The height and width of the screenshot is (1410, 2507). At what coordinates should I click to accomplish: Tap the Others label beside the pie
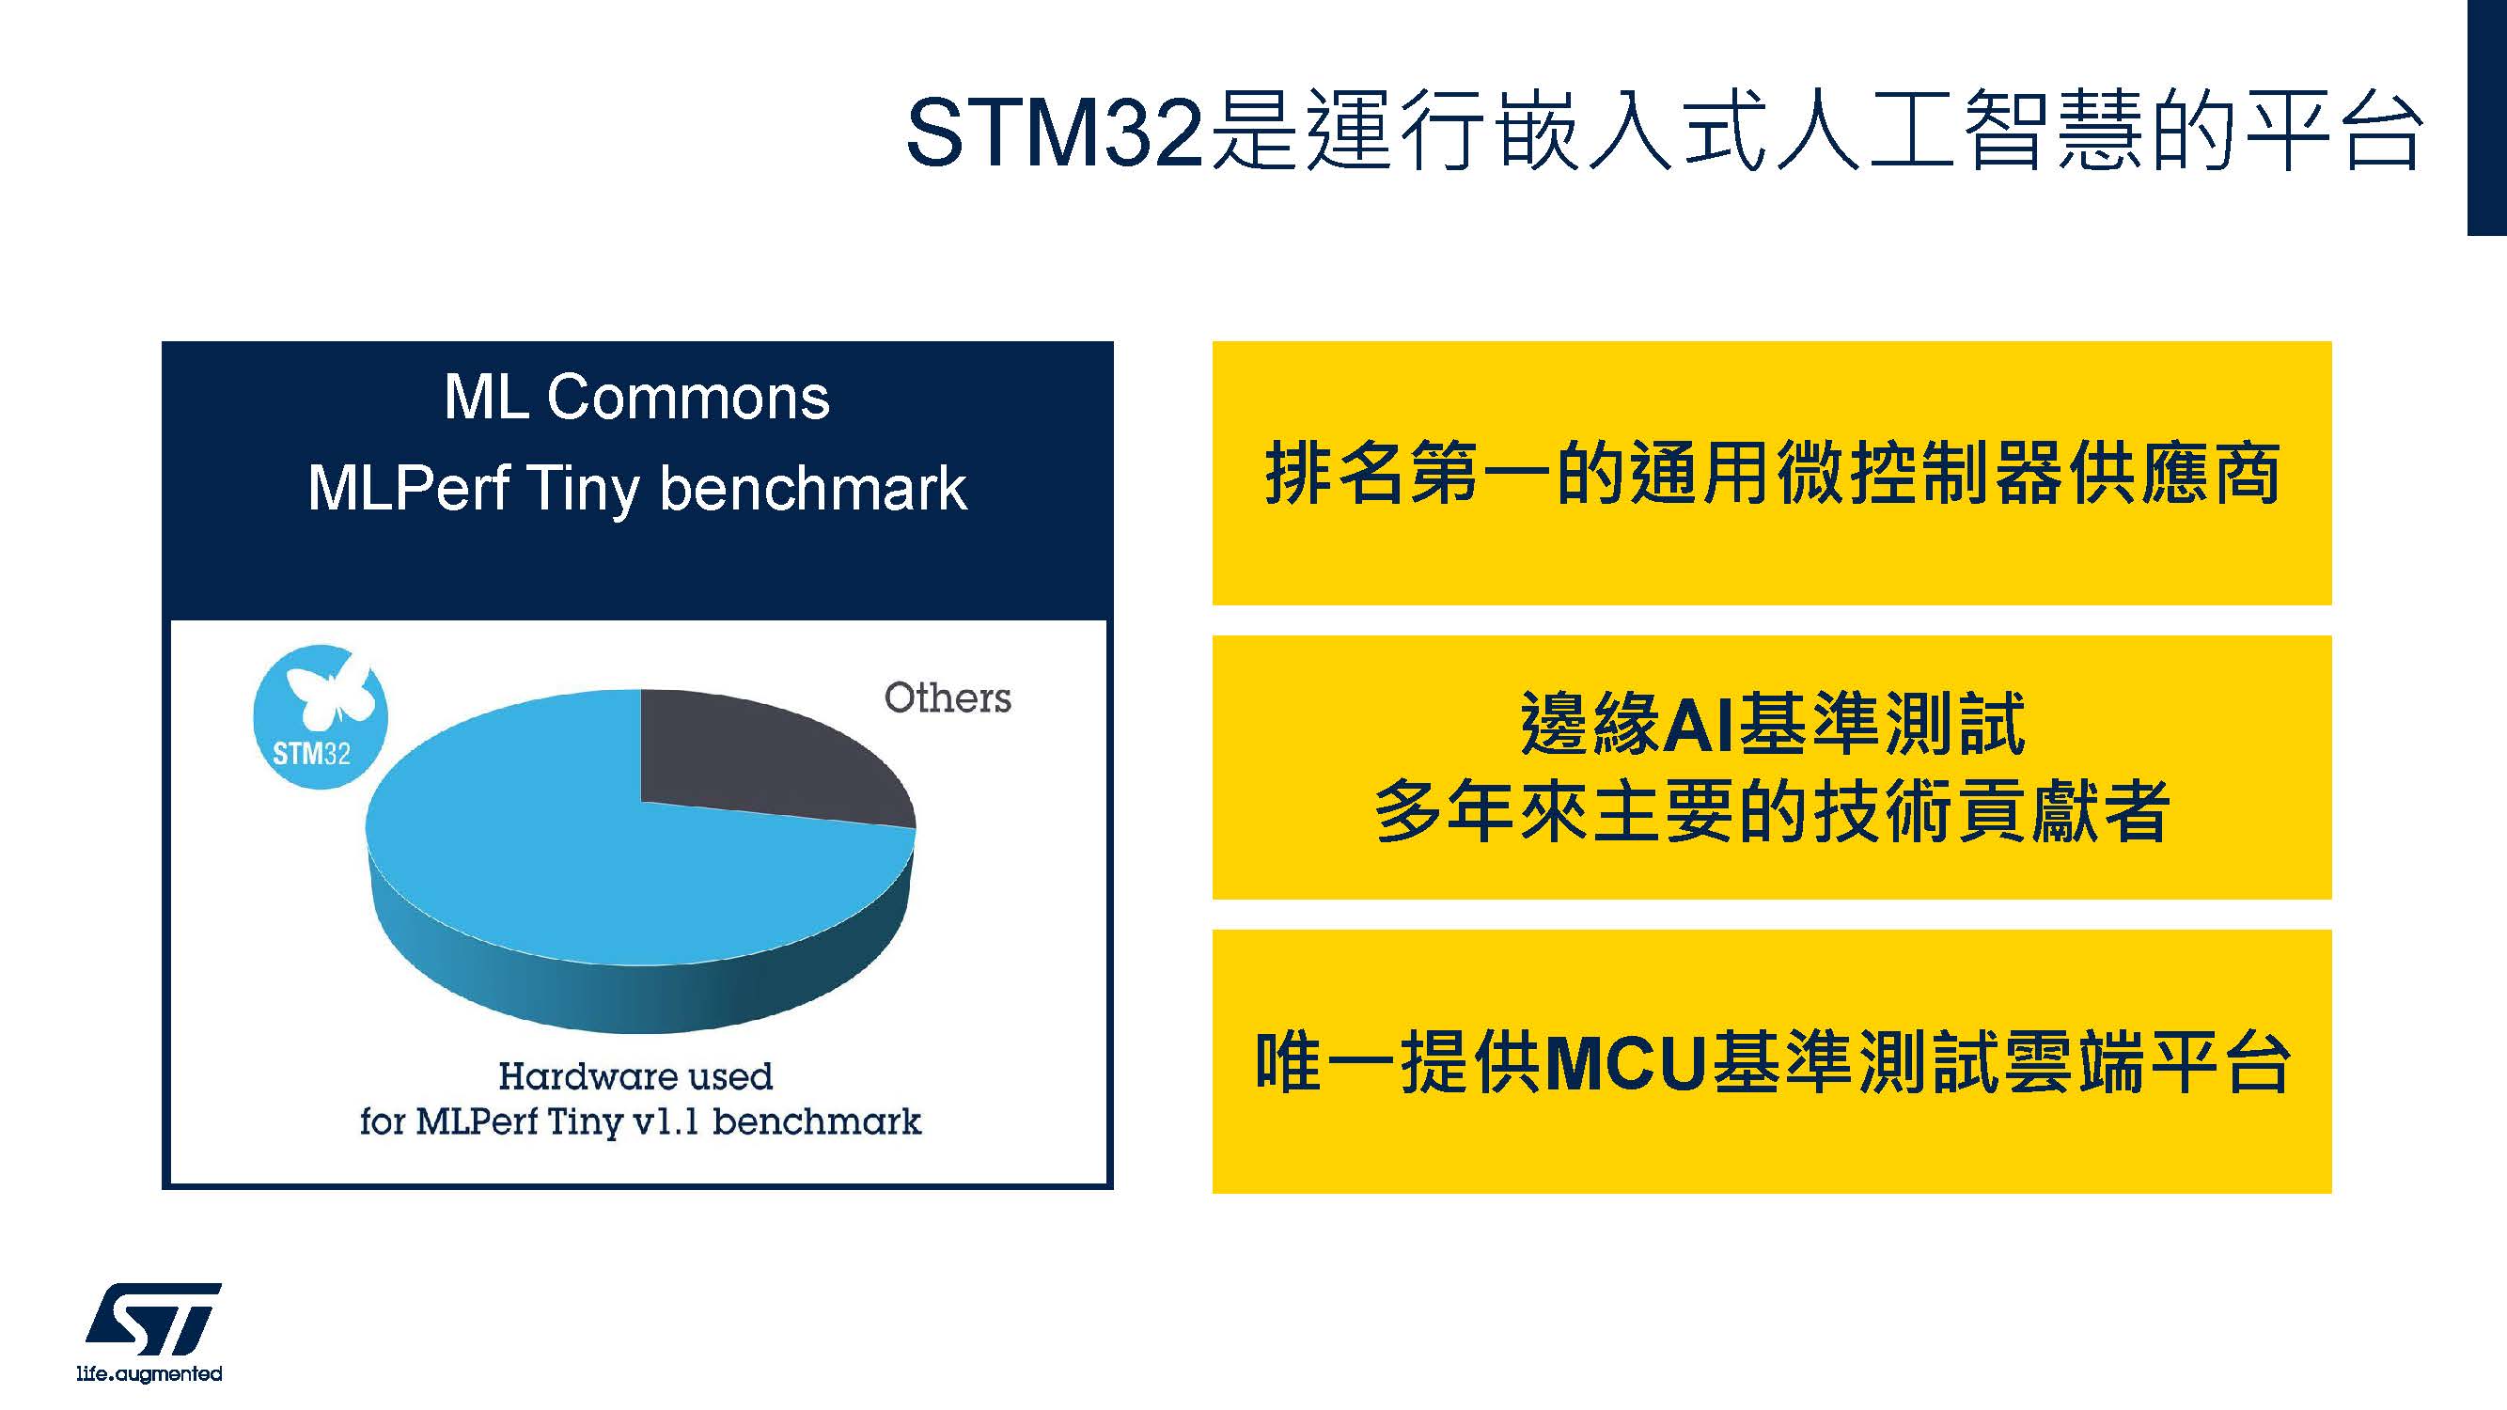[x=947, y=697]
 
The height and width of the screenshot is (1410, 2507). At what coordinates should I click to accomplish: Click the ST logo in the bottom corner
[x=154, y=1320]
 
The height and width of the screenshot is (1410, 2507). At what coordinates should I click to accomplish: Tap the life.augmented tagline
[x=149, y=1374]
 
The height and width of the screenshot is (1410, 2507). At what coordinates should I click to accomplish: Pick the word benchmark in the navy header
[x=814, y=488]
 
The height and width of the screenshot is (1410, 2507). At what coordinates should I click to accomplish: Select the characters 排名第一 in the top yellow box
[x=1409, y=474]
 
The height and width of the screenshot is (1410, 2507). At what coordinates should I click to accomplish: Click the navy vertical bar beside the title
[x=2486, y=117]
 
